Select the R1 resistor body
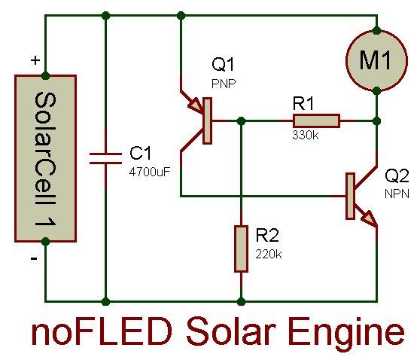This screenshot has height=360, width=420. tap(316, 121)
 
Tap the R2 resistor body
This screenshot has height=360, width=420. tap(241, 249)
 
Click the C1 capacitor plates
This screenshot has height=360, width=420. tap(105, 158)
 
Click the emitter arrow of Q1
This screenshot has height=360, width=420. tap(195, 105)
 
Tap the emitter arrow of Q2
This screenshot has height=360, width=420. tap(369, 218)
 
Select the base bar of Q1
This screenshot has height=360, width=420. tap(207, 121)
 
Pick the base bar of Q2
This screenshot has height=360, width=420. tap(350, 197)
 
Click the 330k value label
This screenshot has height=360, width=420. tap(306, 135)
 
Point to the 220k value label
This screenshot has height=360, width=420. tap(269, 254)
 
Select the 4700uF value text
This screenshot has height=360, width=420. tap(150, 172)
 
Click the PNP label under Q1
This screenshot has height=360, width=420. tap(224, 84)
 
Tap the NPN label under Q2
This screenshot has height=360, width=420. tap(397, 194)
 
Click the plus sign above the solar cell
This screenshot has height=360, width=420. tap(35, 60)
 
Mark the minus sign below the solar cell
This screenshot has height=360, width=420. tap(34, 258)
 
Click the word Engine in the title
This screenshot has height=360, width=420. tap(346, 332)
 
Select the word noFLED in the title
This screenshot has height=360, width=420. tap(102, 331)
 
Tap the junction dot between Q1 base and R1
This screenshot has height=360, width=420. tap(242, 121)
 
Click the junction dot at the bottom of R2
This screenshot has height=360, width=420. tap(241, 301)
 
